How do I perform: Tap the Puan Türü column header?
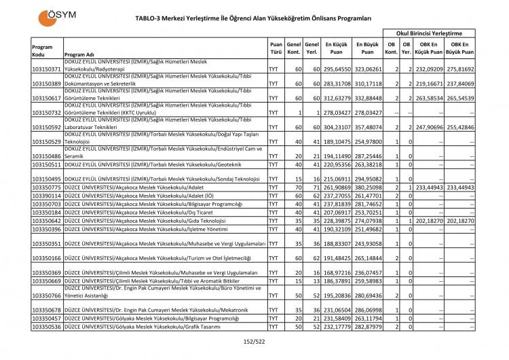click(276, 47)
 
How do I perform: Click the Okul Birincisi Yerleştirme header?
click(428, 33)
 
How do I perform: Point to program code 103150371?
click(47, 69)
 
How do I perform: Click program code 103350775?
click(47, 187)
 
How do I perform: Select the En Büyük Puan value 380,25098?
click(367, 187)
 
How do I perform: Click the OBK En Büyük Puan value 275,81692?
click(459, 69)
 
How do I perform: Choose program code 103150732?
click(47, 113)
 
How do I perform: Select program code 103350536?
click(47, 327)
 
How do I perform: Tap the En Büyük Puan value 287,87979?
click(367, 327)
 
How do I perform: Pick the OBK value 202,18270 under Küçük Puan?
click(430, 221)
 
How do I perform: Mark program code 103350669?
click(47, 281)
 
